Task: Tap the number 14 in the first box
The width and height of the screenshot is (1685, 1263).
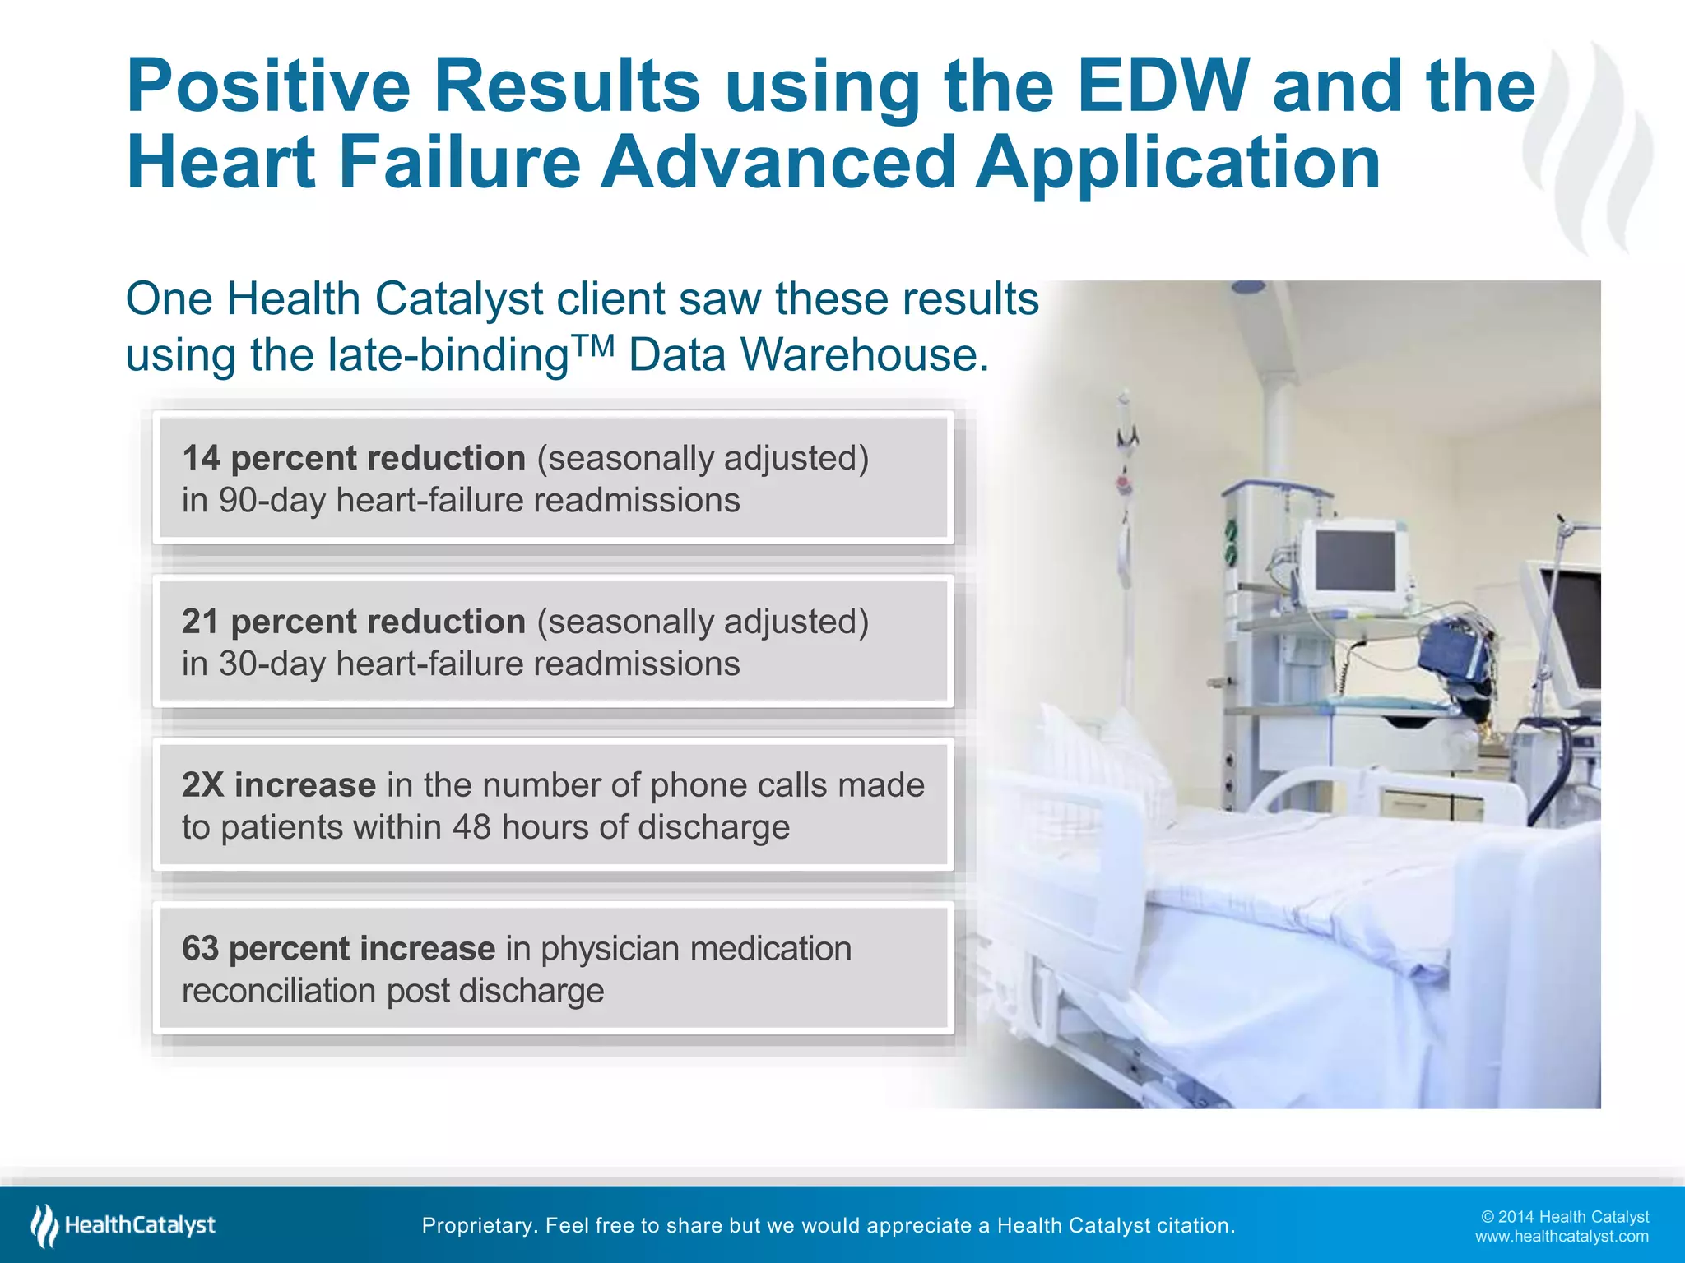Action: point(201,459)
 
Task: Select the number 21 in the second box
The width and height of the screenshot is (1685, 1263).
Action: point(201,622)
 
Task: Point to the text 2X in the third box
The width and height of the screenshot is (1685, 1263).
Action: point(202,785)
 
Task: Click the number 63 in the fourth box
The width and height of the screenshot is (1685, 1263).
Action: point(201,949)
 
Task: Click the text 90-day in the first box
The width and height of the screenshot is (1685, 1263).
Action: point(272,501)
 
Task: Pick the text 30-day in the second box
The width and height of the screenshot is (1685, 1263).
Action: point(272,664)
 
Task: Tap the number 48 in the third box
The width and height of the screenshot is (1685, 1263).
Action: point(471,827)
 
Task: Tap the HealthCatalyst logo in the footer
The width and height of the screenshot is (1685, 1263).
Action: point(123,1225)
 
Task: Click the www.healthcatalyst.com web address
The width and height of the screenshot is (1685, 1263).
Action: point(1562,1237)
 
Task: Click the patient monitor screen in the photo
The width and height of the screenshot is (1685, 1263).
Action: point(1355,561)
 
